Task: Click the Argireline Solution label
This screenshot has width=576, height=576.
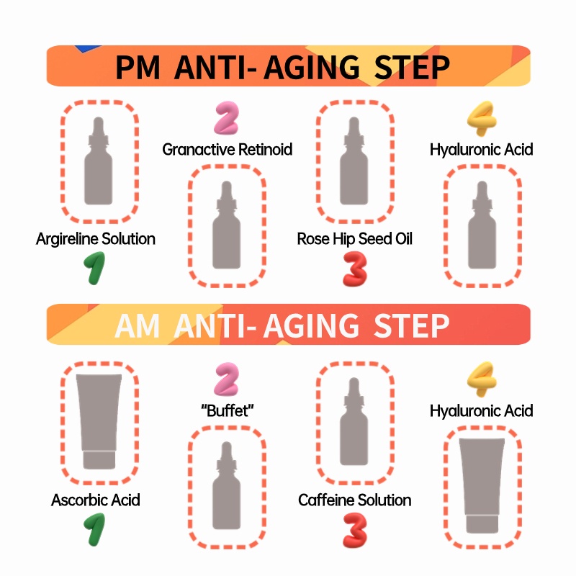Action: point(96,238)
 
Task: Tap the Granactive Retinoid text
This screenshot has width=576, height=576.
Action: point(228,150)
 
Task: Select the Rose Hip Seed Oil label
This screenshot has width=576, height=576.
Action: point(355,238)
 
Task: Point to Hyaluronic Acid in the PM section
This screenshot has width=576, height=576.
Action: point(481,150)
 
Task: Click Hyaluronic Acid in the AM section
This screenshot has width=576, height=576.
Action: point(481,411)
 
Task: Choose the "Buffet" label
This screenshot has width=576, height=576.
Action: point(228,411)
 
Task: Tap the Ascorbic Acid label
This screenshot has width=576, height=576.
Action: point(96,500)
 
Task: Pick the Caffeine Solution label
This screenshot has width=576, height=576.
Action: point(355,500)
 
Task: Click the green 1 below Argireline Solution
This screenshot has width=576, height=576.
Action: point(95,268)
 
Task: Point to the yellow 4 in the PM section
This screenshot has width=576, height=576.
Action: point(480,120)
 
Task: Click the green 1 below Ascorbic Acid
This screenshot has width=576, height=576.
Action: point(95,529)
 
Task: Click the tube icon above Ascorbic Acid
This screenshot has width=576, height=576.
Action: point(99,422)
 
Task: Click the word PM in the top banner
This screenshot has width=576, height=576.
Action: point(139,67)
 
